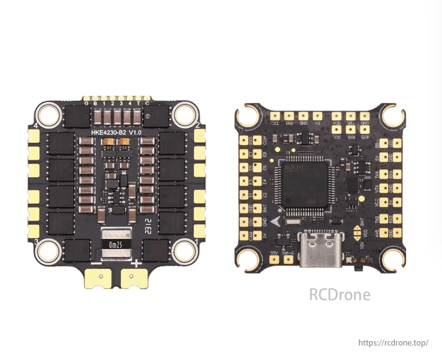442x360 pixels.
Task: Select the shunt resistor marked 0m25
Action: pos(116,244)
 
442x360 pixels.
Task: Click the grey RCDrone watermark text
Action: pos(340,295)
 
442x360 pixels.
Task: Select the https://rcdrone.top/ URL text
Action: pos(394,343)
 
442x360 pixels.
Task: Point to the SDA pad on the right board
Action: pos(337,116)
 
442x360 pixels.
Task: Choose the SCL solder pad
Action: pos(337,129)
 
